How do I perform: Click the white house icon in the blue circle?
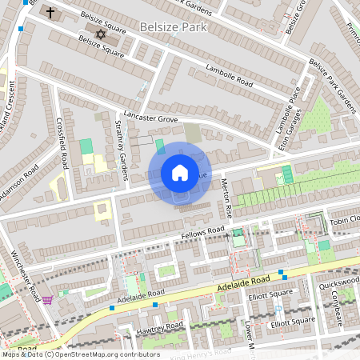click(179, 173)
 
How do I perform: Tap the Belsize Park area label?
click(174, 26)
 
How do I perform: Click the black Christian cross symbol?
click(50, 13)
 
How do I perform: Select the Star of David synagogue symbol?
click(100, 34)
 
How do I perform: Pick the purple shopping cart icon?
click(48, 300)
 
